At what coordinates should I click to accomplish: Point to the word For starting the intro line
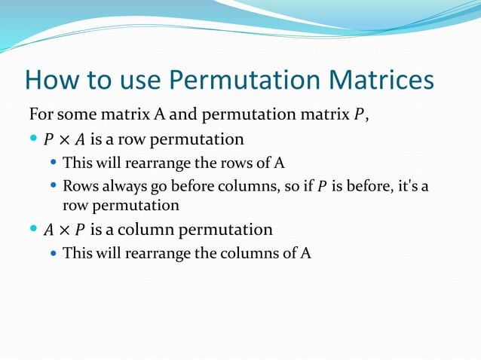click(41, 115)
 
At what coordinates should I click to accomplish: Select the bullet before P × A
click(33, 139)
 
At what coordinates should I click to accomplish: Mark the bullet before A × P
click(33, 229)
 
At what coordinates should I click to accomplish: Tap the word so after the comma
click(289, 186)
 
